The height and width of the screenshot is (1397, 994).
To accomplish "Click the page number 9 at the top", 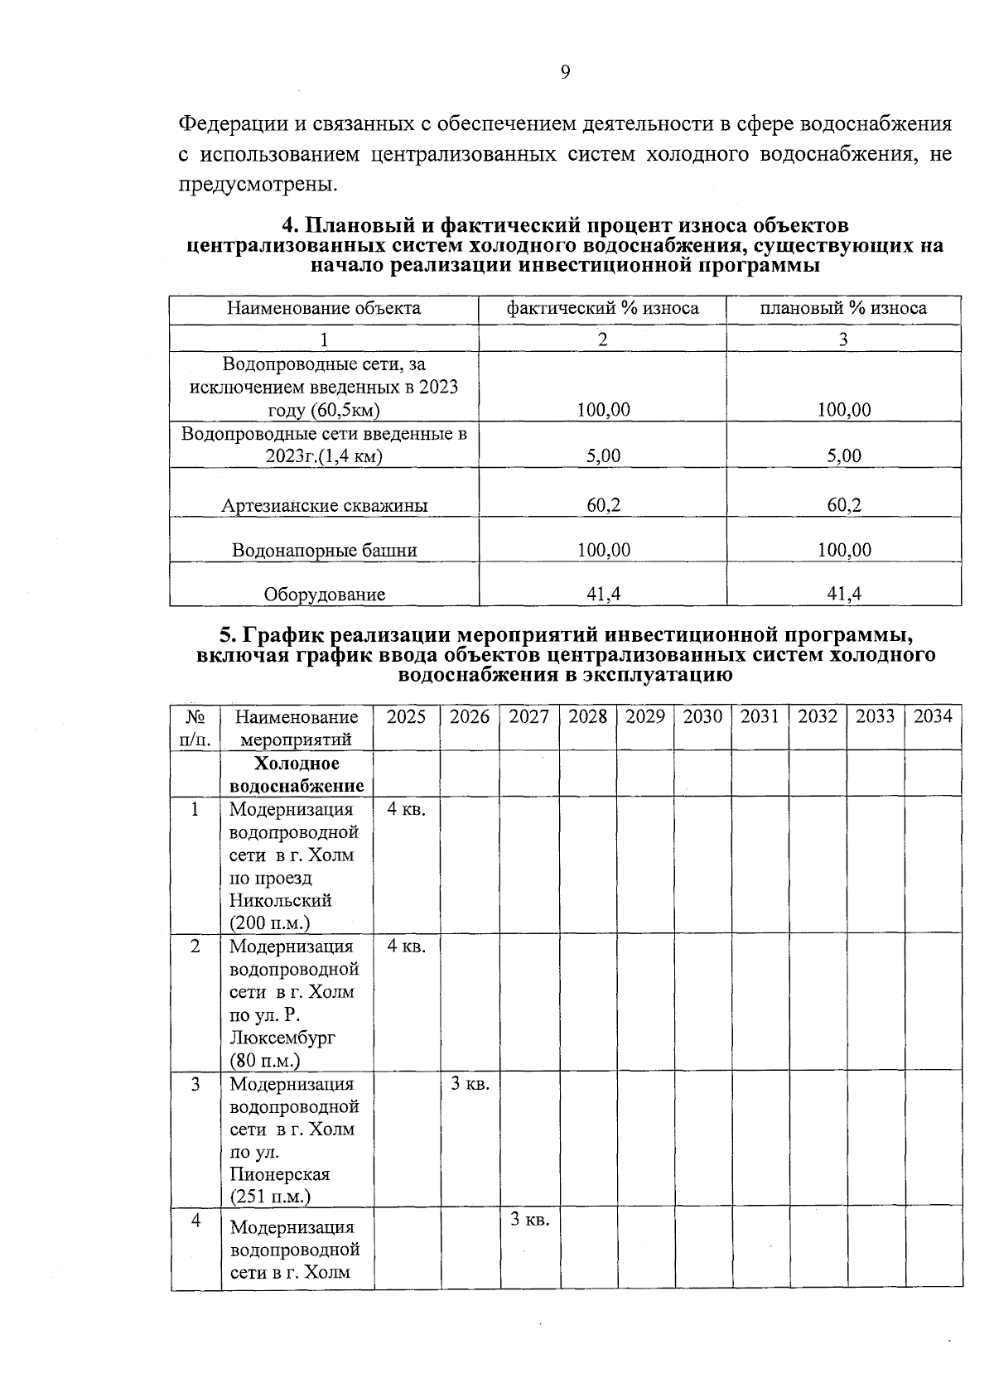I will [565, 73].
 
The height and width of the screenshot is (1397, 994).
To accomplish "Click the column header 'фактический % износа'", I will [602, 309].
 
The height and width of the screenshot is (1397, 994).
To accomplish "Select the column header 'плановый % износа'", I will [843, 309].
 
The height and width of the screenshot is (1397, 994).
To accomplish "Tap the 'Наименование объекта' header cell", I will [324, 309].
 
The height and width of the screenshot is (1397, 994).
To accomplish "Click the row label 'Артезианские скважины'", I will [324, 506].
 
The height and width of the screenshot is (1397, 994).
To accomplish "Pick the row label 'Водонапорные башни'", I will [324, 551].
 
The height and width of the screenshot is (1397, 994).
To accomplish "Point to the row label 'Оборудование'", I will [324, 595].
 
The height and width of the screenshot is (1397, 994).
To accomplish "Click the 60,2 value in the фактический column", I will [603, 505].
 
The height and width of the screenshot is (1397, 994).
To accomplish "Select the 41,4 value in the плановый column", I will [843, 593].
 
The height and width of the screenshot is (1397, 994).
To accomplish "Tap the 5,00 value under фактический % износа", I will [603, 455].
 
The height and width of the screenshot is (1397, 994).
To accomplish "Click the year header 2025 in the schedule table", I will [406, 717].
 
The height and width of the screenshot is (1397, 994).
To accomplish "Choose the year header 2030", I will [702, 717].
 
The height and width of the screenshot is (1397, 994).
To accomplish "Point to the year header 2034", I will [933, 717].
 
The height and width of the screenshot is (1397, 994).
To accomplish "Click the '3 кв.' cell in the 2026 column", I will [470, 1084].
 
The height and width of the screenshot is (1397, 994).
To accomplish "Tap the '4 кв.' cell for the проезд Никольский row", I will [406, 809].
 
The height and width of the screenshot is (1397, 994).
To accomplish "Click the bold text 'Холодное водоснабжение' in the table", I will [297, 774].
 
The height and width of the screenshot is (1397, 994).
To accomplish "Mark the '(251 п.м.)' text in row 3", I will [270, 1197].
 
